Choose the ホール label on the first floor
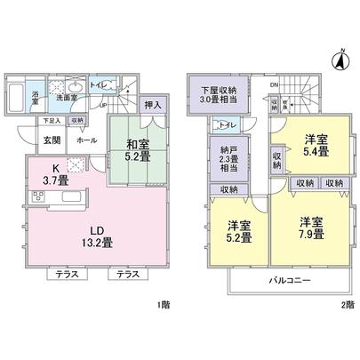point(87,140)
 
